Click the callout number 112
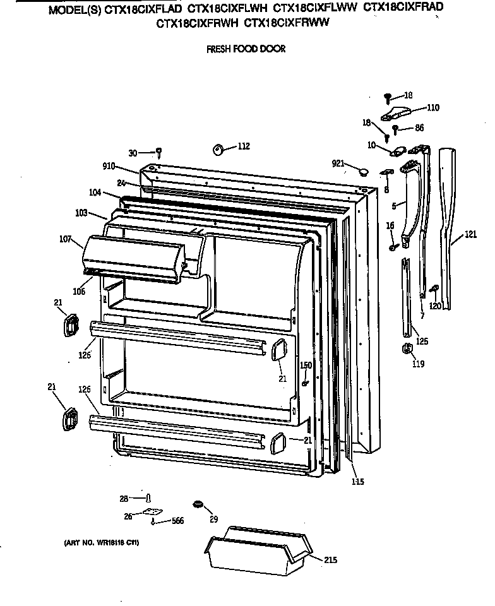[x=243, y=146]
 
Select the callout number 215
[x=330, y=560]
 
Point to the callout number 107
[x=65, y=239]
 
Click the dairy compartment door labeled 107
[x=133, y=256]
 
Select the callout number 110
[x=432, y=108]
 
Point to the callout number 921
[x=338, y=163]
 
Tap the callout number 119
[x=418, y=364]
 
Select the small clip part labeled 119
[x=407, y=349]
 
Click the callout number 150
[x=306, y=365]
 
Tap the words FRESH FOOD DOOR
[x=246, y=49]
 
